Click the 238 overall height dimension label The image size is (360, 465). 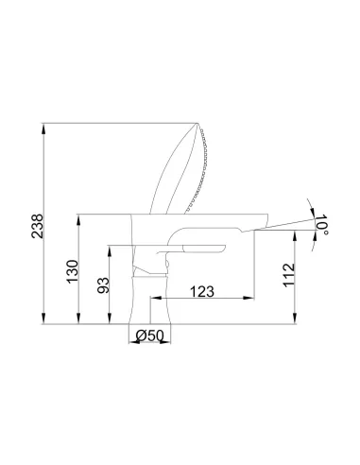click(37, 226)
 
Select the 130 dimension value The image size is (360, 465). click(72, 271)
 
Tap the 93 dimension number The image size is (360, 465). click(103, 285)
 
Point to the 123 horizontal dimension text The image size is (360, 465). click(202, 291)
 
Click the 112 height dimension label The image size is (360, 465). click(289, 275)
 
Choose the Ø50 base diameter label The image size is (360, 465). click(150, 336)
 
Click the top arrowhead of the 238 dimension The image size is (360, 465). click(43, 129)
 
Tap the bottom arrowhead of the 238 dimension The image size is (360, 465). click(43, 319)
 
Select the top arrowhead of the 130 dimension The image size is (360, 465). click(78, 219)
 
